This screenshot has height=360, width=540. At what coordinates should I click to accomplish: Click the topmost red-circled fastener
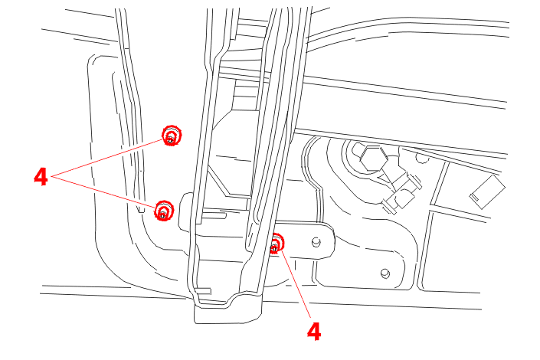tap(172, 136)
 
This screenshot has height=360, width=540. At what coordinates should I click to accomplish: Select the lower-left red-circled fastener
tap(164, 211)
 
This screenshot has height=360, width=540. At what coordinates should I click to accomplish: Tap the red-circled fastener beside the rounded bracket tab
tap(276, 244)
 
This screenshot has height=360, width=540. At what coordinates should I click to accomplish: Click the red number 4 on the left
tap(41, 177)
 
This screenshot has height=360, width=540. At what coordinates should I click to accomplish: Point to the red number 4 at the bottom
tap(314, 332)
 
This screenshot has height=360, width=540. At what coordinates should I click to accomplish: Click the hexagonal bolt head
tap(373, 159)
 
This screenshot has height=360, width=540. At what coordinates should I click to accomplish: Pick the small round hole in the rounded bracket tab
tap(316, 242)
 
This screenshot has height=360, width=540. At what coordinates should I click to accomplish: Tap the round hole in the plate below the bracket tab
tap(385, 273)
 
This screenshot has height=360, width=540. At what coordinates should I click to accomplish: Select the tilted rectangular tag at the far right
tap(487, 192)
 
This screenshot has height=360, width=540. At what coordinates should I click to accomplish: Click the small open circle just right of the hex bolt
tap(422, 158)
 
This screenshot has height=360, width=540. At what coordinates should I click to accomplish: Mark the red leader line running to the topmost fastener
tap(107, 158)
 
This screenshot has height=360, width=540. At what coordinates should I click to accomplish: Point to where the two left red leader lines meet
tap(52, 177)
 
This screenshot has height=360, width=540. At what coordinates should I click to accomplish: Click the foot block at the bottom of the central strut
tap(227, 313)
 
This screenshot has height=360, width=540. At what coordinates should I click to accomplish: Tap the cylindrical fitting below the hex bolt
tap(402, 195)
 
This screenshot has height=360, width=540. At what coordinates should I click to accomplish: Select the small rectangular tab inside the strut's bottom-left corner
tap(203, 291)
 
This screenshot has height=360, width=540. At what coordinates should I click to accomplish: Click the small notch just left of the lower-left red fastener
tap(141, 209)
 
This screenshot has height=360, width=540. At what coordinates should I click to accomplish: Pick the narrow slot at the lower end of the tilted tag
tap(475, 198)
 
